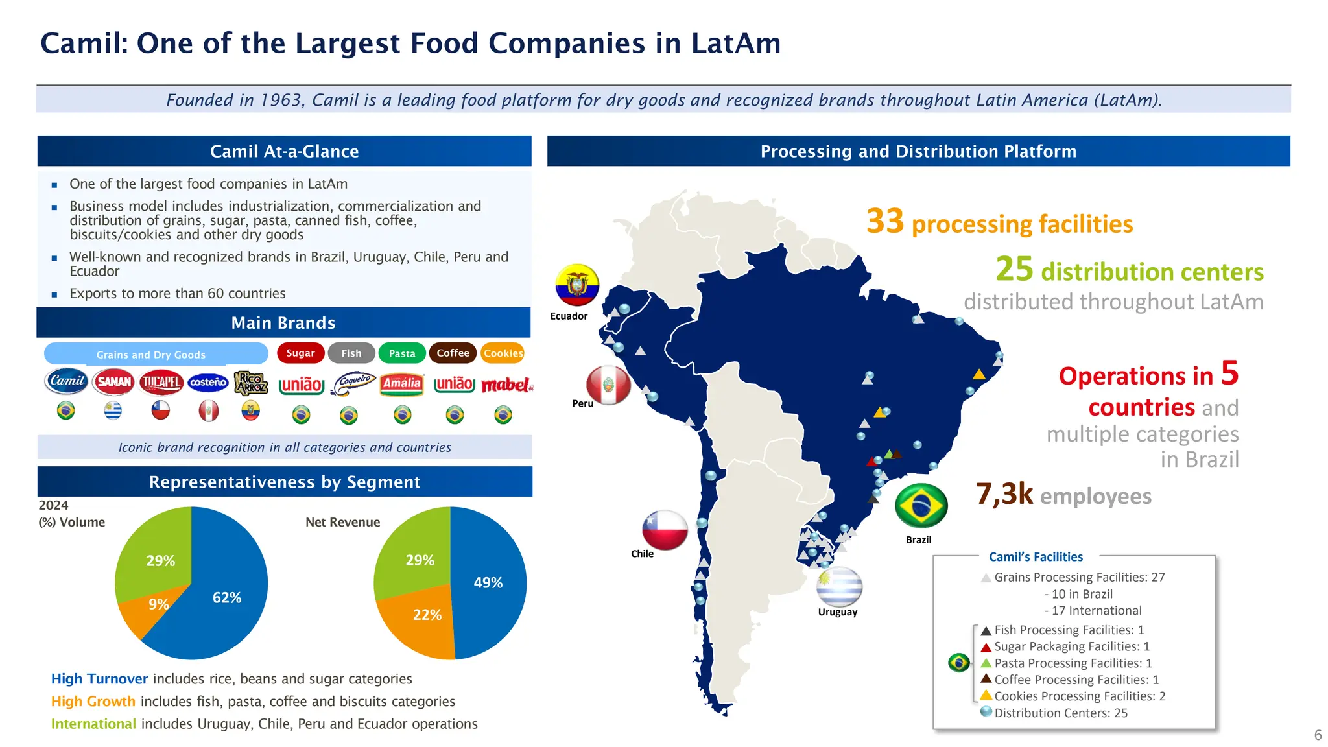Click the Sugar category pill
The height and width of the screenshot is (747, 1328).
300,353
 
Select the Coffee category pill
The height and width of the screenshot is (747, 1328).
453,353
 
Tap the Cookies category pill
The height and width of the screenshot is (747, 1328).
503,353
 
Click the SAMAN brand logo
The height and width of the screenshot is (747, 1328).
114,382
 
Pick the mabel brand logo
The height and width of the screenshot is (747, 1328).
506,385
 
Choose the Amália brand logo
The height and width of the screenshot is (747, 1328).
402,384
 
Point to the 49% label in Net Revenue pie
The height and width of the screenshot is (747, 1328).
488,583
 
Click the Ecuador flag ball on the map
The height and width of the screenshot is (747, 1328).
577,285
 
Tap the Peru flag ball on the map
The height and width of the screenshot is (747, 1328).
608,385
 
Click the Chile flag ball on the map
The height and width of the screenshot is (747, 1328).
665,530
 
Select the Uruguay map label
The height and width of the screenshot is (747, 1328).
837,612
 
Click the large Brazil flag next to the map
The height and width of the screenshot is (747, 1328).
921,506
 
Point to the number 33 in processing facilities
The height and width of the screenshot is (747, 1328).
884,221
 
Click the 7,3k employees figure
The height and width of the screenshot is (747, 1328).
1004,494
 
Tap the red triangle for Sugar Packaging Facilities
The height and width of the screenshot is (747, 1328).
986,647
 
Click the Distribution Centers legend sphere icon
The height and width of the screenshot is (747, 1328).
986,711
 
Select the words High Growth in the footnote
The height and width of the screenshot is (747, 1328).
93,702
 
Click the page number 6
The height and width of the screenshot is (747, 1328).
1318,735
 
